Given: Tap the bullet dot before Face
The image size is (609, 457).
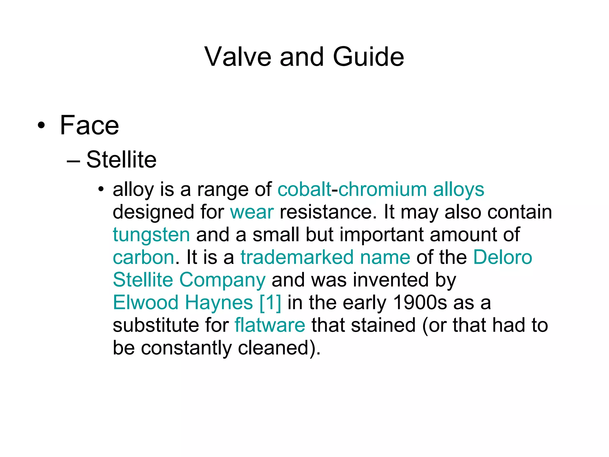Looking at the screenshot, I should [41, 126].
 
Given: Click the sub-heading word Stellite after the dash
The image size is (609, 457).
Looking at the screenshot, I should [121, 160].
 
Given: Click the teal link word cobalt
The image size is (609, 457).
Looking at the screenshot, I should [304, 189].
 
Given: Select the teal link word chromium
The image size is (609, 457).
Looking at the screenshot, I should [382, 189].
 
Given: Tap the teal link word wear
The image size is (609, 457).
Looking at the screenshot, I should [252, 212].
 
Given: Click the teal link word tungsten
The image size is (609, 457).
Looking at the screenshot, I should [151, 234].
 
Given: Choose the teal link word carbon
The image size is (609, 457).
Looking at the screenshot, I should [143, 257].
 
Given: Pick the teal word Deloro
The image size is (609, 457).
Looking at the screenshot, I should [502, 257].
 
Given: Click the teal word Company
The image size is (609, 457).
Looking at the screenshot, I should [222, 280].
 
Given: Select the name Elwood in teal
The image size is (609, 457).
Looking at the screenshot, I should [146, 302].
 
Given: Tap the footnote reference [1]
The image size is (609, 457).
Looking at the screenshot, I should [270, 302].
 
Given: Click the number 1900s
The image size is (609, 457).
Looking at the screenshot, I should [420, 302].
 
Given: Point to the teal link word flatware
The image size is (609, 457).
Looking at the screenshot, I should [270, 325].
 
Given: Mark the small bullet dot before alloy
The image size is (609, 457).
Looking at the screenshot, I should [101, 189].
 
